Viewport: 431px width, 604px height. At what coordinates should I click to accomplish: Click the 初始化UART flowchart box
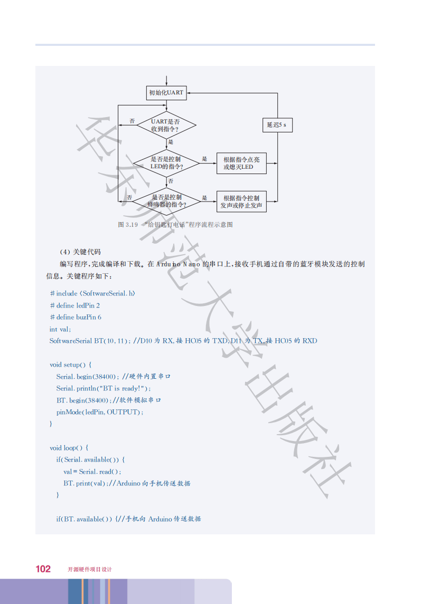[x=166, y=92]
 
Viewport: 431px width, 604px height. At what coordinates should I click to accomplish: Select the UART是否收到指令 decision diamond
[x=165, y=125]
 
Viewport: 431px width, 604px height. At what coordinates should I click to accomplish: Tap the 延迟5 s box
[x=276, y=125]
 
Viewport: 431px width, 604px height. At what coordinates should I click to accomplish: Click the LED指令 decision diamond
[x=166, y=163]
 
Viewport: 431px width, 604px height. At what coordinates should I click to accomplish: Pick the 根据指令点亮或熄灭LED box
[x=241, y=163]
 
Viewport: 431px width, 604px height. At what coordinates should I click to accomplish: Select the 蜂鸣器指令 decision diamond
[x=166, y=200]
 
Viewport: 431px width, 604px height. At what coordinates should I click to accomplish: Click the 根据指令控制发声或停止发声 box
[x=241, y=202]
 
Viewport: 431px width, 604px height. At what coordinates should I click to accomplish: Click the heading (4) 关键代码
[x=80, y=251]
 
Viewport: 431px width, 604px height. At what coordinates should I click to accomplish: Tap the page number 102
[x=43, y=569]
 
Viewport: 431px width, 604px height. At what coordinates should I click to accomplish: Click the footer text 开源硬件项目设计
[x=90, y=569]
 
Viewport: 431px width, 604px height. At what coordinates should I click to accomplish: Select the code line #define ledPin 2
[x=74, y=305]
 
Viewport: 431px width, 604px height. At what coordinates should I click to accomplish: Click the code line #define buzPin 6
[x=75, y=317]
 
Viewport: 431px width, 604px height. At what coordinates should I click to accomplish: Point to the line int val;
[x=60, y=329]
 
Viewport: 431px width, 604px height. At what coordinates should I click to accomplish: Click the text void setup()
[x=71, y=365]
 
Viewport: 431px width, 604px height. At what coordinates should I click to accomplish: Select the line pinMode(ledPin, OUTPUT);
[x=100, y=411]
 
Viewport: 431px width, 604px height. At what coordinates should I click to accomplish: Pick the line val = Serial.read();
[x=92, y=472]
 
